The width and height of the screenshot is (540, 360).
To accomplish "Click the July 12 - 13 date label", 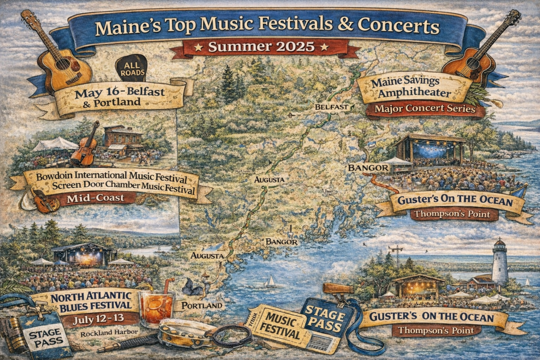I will coord(99,319).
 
